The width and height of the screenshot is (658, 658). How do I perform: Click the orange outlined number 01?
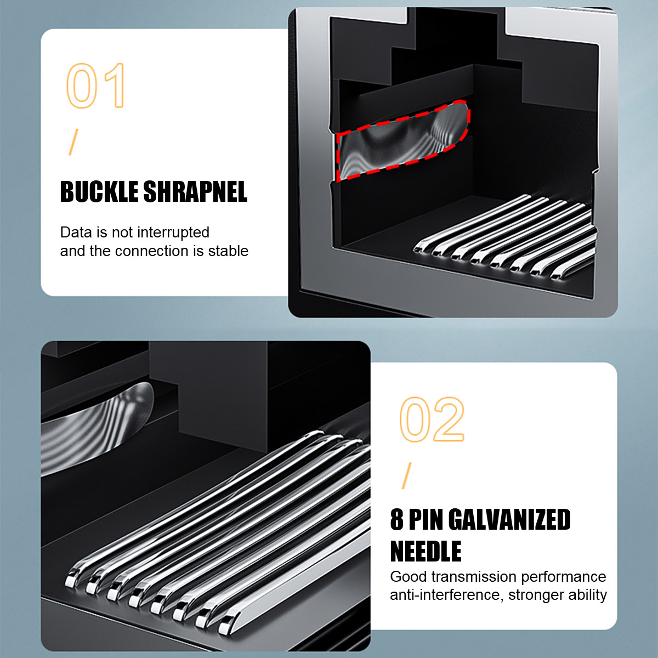(95, 86)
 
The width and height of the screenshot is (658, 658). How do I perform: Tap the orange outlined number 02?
(432, 419)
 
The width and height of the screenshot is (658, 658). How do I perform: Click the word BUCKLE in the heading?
(99, 191)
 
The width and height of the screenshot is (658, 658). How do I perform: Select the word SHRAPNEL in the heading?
(195, 191)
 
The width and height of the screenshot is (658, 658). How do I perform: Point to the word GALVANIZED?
(509, 520)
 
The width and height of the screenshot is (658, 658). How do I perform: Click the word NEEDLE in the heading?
(426, 551)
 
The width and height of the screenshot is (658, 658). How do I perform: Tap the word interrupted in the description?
(173, 232)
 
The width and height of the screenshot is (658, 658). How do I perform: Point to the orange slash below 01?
(73, 142)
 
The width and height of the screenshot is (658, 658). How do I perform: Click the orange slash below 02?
(406, 475)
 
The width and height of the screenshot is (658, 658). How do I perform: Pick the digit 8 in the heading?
(397, 520)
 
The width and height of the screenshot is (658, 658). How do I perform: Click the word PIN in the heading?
(426, 520)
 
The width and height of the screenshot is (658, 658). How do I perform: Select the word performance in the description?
(564, 577)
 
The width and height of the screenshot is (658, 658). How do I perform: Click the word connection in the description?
(151, 251)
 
